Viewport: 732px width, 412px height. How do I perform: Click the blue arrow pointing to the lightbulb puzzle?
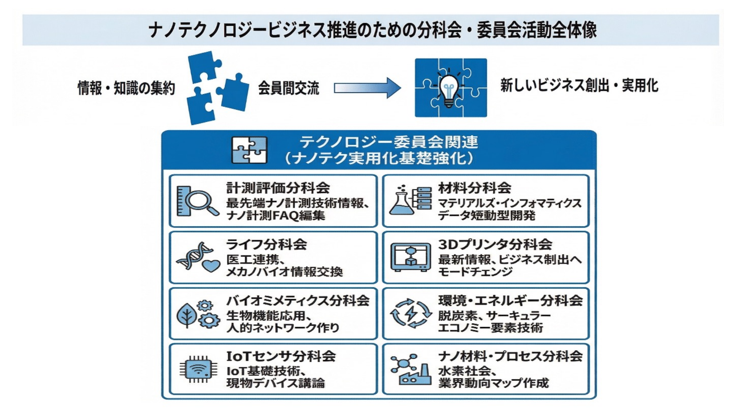pos(367,88)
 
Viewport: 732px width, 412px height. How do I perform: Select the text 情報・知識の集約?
pos(126,88)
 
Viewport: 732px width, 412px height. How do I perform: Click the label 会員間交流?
pos(288,88)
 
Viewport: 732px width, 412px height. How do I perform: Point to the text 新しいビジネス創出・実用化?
pos(579,86)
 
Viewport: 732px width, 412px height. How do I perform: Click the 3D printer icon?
pos(410,257)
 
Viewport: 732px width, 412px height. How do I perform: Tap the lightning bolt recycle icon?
pos(411,313)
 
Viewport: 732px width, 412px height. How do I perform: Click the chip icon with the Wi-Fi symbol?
pos(199,369)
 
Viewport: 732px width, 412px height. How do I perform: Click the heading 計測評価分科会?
pos(278,188)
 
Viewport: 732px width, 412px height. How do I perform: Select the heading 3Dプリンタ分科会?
pos(495,245)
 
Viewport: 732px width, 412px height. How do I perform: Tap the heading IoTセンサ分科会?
pos(281,356)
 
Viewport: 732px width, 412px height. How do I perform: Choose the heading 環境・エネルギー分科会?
pos(510,301)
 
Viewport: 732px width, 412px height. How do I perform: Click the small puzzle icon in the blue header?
pos(249,150)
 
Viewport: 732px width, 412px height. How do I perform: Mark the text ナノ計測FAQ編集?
pos(276,216)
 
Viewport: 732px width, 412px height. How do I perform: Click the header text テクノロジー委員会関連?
pos(389,142)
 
